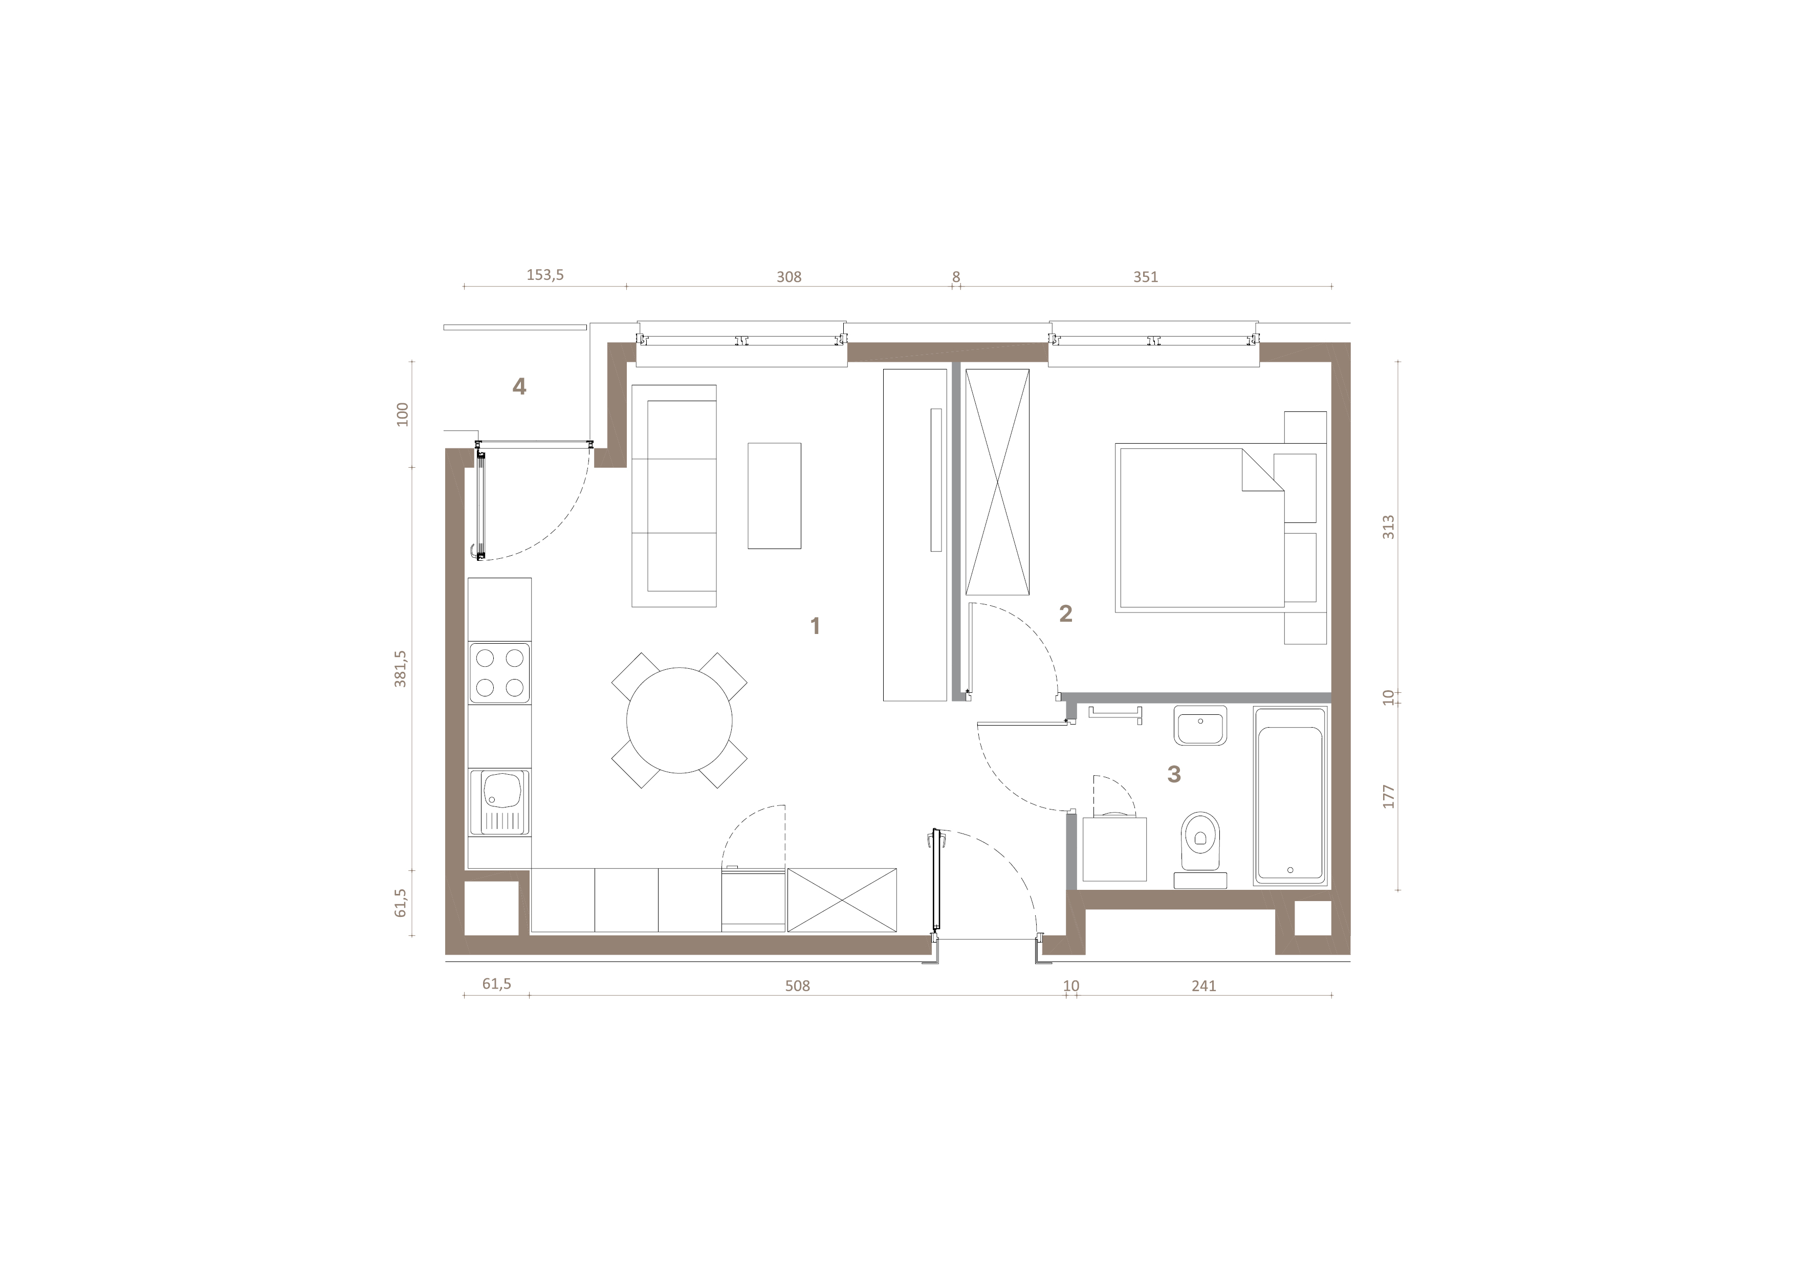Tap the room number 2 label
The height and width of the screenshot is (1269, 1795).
tap(1065, 614)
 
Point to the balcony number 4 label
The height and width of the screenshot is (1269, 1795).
tap(519, 386)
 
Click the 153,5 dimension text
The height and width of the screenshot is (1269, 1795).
tap(545, 275)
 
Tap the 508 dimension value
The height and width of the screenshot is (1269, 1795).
tap(797, 986)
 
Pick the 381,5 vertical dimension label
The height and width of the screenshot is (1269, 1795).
tap(401, 668)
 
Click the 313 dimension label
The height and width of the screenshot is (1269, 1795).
tap(1389, 527)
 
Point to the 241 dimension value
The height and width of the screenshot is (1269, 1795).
tap(1204, 986)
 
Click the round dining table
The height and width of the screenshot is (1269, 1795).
tap(680, 720)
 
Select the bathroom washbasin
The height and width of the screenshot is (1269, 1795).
tap(1200, 726)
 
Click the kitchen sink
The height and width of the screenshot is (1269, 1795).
tap(499, 802)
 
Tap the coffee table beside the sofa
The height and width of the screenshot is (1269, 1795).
tap(774, 496)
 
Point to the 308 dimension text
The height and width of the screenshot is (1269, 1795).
tap(789, 277)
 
